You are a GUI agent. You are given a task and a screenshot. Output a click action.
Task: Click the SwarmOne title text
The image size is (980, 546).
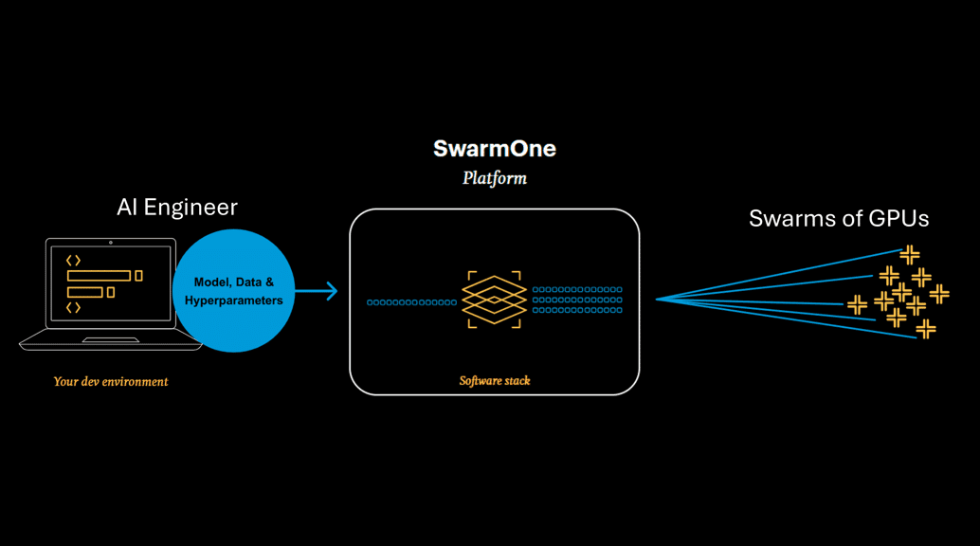(x=494, y=149)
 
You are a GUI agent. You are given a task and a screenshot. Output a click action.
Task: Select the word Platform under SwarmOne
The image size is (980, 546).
(x=494, y=178)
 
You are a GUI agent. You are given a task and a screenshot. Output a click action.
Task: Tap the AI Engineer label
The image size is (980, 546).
(x=177, y=207)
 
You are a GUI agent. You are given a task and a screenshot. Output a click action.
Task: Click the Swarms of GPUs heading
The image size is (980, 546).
(x=839, y=218)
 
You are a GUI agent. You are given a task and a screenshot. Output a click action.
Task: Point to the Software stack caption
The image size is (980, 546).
(x=494, y=381)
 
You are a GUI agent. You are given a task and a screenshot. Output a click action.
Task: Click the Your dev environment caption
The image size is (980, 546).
(x=111, y=382)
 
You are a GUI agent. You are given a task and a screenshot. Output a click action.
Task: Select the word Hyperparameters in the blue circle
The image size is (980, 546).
(x=234, y=300)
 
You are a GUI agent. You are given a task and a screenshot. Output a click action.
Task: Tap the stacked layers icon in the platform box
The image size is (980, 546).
(x=494, y=300)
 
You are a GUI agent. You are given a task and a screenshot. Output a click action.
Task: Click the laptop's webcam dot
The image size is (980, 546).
(x=111, y=243)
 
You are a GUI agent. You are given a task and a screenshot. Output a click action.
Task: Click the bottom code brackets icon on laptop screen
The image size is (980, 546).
(x=73, y=308)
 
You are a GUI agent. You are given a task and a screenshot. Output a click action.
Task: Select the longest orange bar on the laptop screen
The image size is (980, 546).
(x=99, y=276)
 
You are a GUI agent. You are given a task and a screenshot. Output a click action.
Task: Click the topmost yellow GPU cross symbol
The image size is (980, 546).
(x=910, y=254)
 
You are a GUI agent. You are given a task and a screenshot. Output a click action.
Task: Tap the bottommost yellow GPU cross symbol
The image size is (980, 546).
(x=926, y=329)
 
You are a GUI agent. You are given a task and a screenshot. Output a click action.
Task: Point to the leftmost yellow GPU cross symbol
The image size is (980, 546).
(x=857, y=304)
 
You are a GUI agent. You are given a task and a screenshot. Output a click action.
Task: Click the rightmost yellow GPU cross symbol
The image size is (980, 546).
(x=939, y=294)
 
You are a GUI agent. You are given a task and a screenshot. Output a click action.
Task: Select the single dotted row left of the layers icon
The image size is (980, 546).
(x=411, y=302)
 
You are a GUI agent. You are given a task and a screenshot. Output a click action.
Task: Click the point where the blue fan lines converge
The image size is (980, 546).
(x=658, y=300)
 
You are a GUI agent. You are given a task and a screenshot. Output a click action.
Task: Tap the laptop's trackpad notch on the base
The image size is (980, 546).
(x=111, y=340)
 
